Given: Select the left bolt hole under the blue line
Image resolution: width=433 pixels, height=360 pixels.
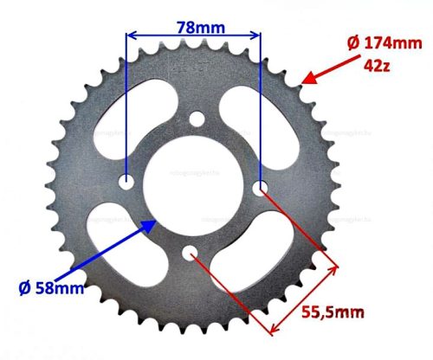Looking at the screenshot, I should [x=127, y=183].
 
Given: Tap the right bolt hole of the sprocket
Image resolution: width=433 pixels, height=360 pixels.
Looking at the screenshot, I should [x=259, y=186].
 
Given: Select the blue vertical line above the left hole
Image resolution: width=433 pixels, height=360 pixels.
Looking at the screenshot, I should [x=127, y=104].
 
